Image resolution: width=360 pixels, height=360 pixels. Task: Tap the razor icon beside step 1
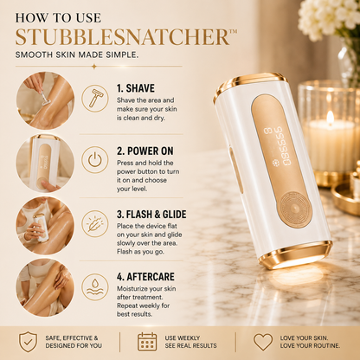click(x=94, y=98)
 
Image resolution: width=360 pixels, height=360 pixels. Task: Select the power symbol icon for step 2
click(x=94, y=160)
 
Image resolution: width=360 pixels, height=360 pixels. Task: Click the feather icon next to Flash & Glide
click(x=94, y=223)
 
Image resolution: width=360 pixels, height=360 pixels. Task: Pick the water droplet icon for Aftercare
click(x=94, y=287)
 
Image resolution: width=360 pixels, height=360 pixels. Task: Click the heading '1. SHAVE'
click(x=136, y=88)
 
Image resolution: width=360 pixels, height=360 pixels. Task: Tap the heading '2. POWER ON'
click(x=145, y=151)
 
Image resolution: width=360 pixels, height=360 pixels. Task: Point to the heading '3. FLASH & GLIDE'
click(x=151, y=215)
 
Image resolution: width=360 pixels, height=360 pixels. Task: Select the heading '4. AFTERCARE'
click(x=145, y=277)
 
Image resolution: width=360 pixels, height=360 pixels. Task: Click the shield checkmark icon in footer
click(x=28, y=342)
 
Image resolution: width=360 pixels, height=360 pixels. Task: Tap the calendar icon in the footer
click(x=147, y=342)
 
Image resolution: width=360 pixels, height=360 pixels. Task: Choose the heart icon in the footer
click(x=263, y=342)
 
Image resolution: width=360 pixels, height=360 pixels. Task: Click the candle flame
click(x=331, y=118)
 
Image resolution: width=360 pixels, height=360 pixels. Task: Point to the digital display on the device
click(x=279, y=146)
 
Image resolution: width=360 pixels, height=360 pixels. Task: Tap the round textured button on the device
click(x=294, y=209)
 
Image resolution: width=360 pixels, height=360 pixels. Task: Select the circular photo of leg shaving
click(x=45, y=100)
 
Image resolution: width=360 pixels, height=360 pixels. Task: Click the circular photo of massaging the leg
click(x=45, y=287)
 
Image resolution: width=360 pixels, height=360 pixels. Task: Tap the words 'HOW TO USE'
click(x=58, y=18)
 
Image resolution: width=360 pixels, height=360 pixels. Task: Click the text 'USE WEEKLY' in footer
click(x=183, y=337)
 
